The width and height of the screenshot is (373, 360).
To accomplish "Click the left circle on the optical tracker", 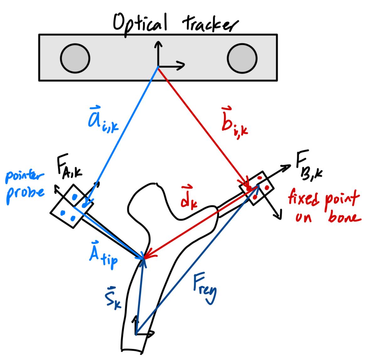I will [x=75, y=58].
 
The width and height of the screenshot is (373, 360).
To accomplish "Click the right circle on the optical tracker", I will [x=242, y=58].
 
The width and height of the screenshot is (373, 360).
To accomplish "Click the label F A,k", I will [x=69, y=171].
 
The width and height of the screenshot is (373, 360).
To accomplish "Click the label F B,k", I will [x=309, y=168].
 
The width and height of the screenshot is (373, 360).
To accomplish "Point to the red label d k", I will [x=188, y=198].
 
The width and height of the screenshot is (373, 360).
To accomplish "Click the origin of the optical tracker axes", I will [x=158, y=66].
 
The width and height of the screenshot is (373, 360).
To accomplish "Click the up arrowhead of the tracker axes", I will [x=158, y=44].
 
